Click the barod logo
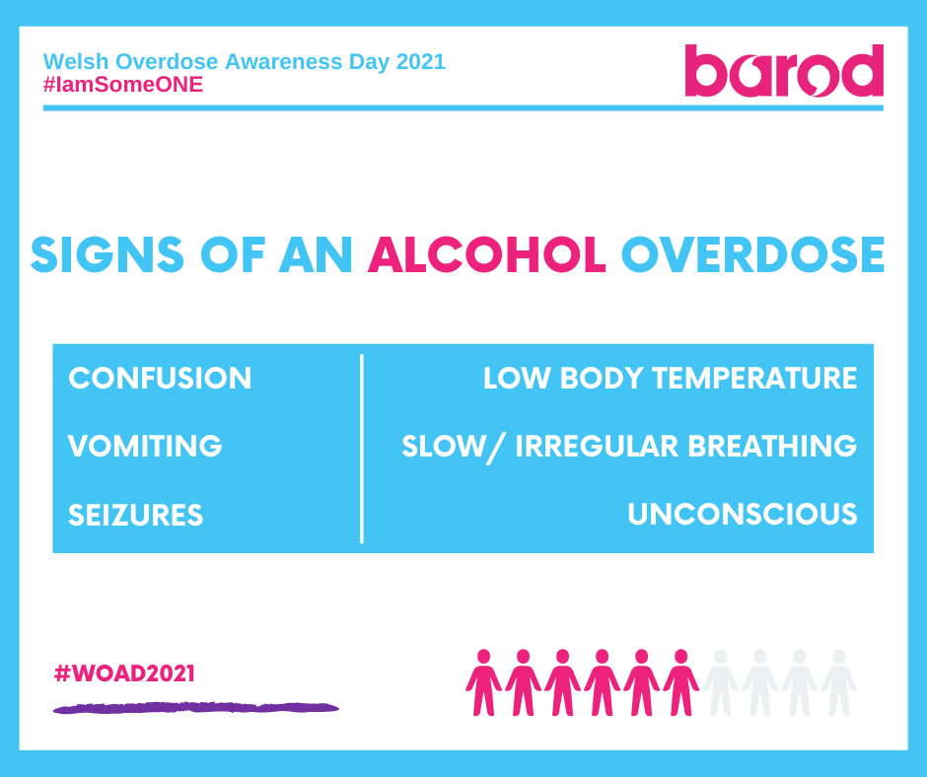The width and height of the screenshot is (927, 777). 784,70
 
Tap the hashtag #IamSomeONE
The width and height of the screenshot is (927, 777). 123,85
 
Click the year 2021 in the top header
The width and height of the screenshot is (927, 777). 420,61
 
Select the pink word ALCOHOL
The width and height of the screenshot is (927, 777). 486,255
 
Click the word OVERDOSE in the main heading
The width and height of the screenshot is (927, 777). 752,255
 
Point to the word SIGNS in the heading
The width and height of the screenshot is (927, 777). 107,255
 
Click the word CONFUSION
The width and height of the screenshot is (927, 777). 160,378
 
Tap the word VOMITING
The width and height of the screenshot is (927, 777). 145,446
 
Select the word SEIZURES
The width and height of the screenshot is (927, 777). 135,515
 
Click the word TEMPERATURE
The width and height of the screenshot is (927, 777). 754,378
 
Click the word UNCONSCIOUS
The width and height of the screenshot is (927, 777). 742,514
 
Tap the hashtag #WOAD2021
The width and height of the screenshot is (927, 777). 124,673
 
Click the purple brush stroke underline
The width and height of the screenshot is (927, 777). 195,708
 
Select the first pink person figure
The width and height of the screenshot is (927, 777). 483,682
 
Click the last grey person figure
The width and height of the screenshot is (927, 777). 839,682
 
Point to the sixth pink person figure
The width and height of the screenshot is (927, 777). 681,682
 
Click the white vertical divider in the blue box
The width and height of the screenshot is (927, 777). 361,449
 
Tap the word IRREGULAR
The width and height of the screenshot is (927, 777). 597,446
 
